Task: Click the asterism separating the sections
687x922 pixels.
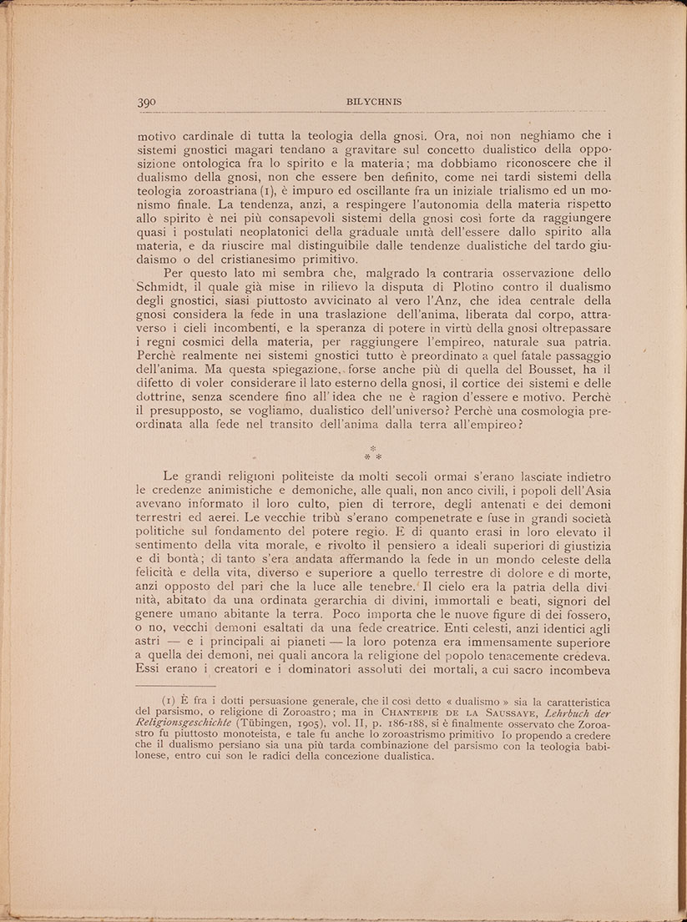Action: click(373, 455)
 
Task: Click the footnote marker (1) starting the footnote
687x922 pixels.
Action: click(168, 701)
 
